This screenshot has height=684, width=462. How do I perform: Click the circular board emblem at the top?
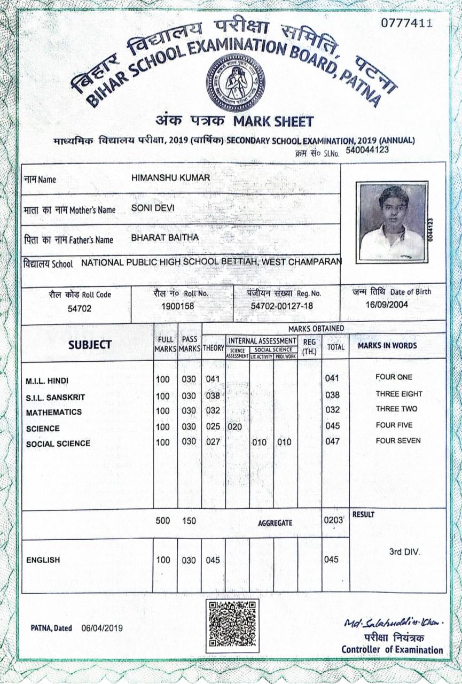point(236,82)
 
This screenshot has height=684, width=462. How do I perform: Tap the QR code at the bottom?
point(232,626)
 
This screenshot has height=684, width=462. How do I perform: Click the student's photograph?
point(392,222)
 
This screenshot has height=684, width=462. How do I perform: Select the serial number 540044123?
point(367,150)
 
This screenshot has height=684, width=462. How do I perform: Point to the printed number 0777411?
point(406,23)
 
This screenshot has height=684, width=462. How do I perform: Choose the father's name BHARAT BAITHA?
point(165,237)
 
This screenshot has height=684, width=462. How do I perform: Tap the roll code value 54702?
point(80,308)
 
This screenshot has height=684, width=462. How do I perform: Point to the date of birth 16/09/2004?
point(387,305)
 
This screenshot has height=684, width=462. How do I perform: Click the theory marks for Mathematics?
point(213,411)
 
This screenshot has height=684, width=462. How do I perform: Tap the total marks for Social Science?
point(332,442)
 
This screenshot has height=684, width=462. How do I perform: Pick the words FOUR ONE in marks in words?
point(394,377)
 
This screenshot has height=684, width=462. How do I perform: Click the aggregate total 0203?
point(332,519)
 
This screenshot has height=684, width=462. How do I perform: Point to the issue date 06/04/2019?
point(101,628)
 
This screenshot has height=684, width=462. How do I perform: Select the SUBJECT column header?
point(90,345)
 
